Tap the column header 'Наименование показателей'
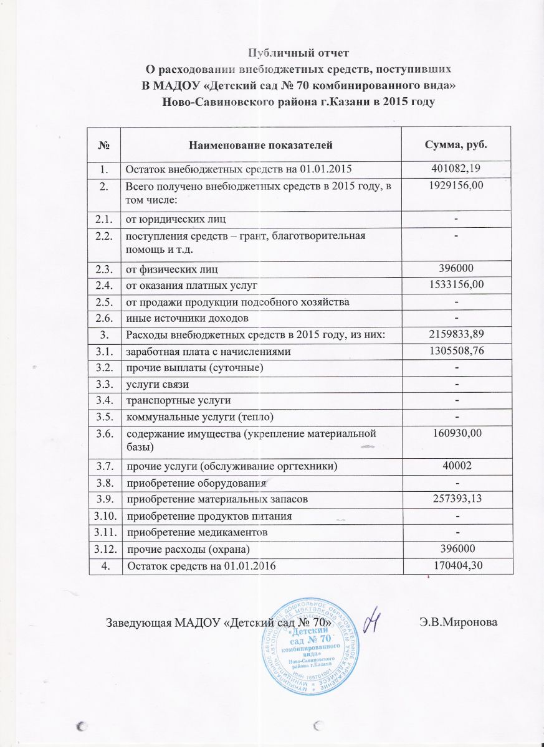click(x=260, y=145)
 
